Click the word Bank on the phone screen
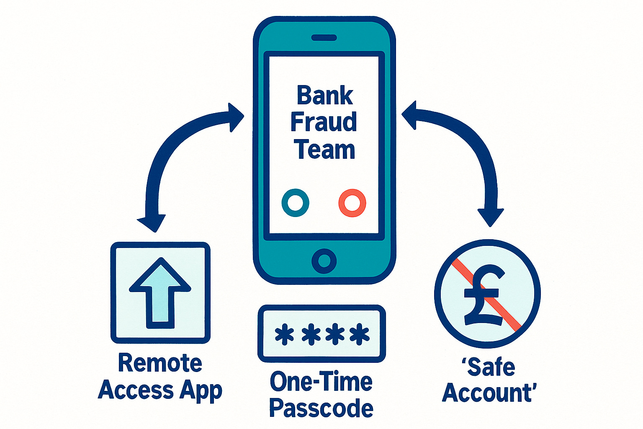pyautogui.click(x=325, y=96)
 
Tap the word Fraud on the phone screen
pyautogui.click(x=324, y=122)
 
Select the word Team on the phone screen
pyautogui.click(x=324, y=150)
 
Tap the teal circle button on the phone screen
pyautogui.click(x=296, y=203)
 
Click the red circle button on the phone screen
pyautogui.click(x=352, y=203)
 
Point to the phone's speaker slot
pyautogui.click(x=324, y=38)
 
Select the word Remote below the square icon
pyautogui.click(x=160, y=363)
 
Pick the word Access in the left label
pyautogui.click(x=136, y=390)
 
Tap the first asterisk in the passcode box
pyautogui.click(x=284, y=334)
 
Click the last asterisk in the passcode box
pyautogui.click(x=360, y=334)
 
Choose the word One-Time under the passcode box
pyautogui.click(x=321, y=382)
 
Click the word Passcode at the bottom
pyautogui.click(x=321, y=408)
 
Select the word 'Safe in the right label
pyautogui.click(x=489, y=367)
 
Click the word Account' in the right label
pyautogui.click(x=489, y=393)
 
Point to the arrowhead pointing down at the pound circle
pyautogui.click(x=491, y=217)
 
